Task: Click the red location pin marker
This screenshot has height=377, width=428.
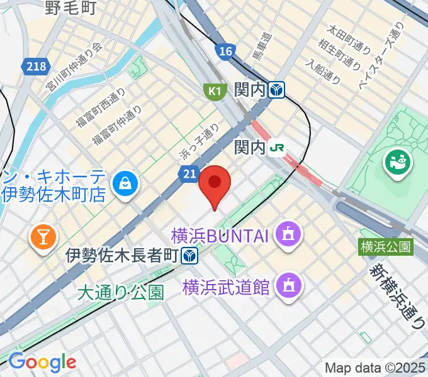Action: [x=215, y=183]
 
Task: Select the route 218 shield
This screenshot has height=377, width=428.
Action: [x=36, y=65]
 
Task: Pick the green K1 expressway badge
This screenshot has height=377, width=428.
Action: [x=215, y=92]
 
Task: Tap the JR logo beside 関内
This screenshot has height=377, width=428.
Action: [x=277, y=148]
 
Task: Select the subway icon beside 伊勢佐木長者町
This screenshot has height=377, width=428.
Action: [x=189, y=256]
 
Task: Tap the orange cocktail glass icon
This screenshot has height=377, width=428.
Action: [x=44, y=237]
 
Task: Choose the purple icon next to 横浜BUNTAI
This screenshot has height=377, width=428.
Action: [x=290, y=236]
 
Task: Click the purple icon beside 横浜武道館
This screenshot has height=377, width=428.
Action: [x=290, y=286]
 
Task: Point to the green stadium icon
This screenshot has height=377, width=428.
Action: [x=398, y=163]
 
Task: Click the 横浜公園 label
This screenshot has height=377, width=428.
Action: [x=386, y=247]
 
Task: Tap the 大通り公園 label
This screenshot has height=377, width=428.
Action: [x=121, y=292]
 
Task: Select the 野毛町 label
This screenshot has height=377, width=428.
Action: [x=70, y=8]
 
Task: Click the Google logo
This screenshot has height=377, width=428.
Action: [x=42, y=362]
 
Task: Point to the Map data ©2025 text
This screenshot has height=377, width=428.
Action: [x=375, y=368]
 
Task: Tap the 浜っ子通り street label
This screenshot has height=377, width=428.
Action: [x=198, y=141]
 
